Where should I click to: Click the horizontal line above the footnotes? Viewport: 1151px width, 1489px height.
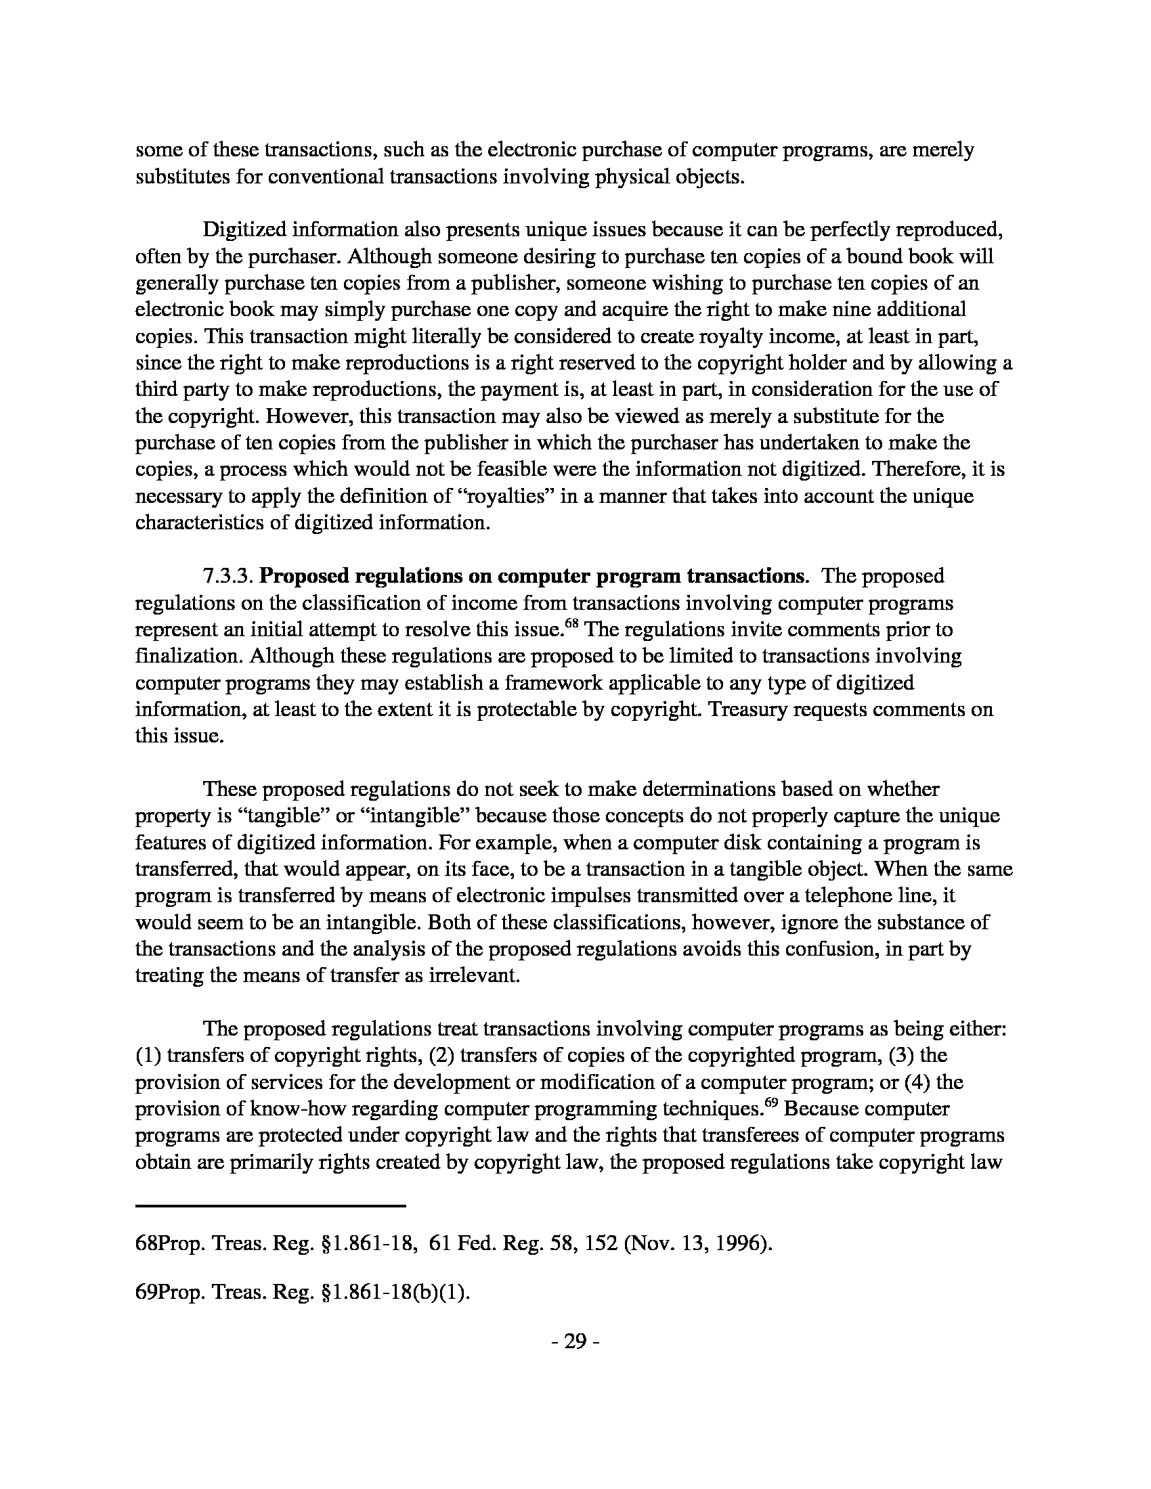[x=271, y=1206]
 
